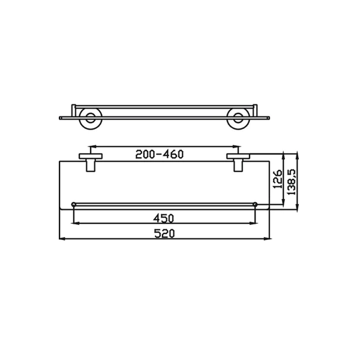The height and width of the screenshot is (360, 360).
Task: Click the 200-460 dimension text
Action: tap(160, 154)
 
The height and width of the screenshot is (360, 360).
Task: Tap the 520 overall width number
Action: tap(163, 233)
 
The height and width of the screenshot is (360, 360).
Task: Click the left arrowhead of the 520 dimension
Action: tap(62, 239)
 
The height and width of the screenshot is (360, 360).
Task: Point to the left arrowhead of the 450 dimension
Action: tap(75, 223)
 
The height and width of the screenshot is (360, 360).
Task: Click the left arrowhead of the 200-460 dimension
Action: tap(91, 146)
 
